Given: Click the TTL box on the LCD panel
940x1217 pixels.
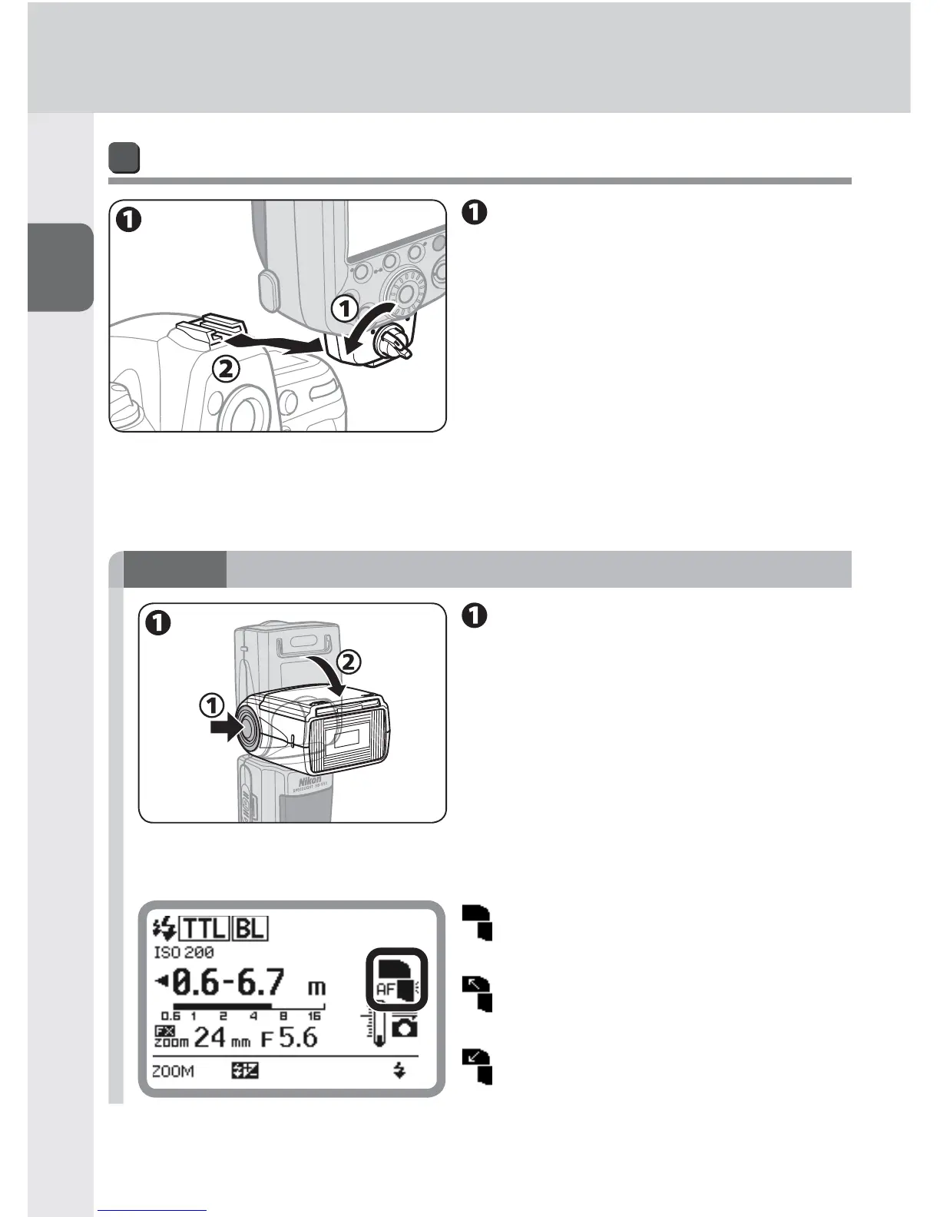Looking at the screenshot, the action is (x=204, y=929).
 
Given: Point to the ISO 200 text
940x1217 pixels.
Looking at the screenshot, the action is (x=184, y=953).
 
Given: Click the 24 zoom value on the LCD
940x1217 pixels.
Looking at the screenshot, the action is (x=210, y=1038).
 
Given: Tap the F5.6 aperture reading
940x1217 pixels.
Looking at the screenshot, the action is (x=289, y=1038).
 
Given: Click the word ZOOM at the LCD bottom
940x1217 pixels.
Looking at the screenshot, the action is (x=173, y=1072).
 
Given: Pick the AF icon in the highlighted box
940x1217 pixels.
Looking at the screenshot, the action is (x=385, y=990).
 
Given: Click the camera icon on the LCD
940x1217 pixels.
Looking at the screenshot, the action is (x=405, y=1026).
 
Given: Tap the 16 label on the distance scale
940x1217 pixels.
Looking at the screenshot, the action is (x=314, y=1016).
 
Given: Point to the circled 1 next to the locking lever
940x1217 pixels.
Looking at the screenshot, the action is (x=345, y=309).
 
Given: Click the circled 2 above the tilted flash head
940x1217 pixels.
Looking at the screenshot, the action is (x=348, y=661).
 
